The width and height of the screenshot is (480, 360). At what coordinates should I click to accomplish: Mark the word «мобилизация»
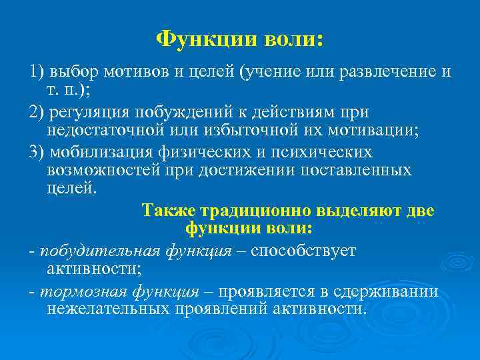95,153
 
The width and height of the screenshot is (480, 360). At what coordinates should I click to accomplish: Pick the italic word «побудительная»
99,251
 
